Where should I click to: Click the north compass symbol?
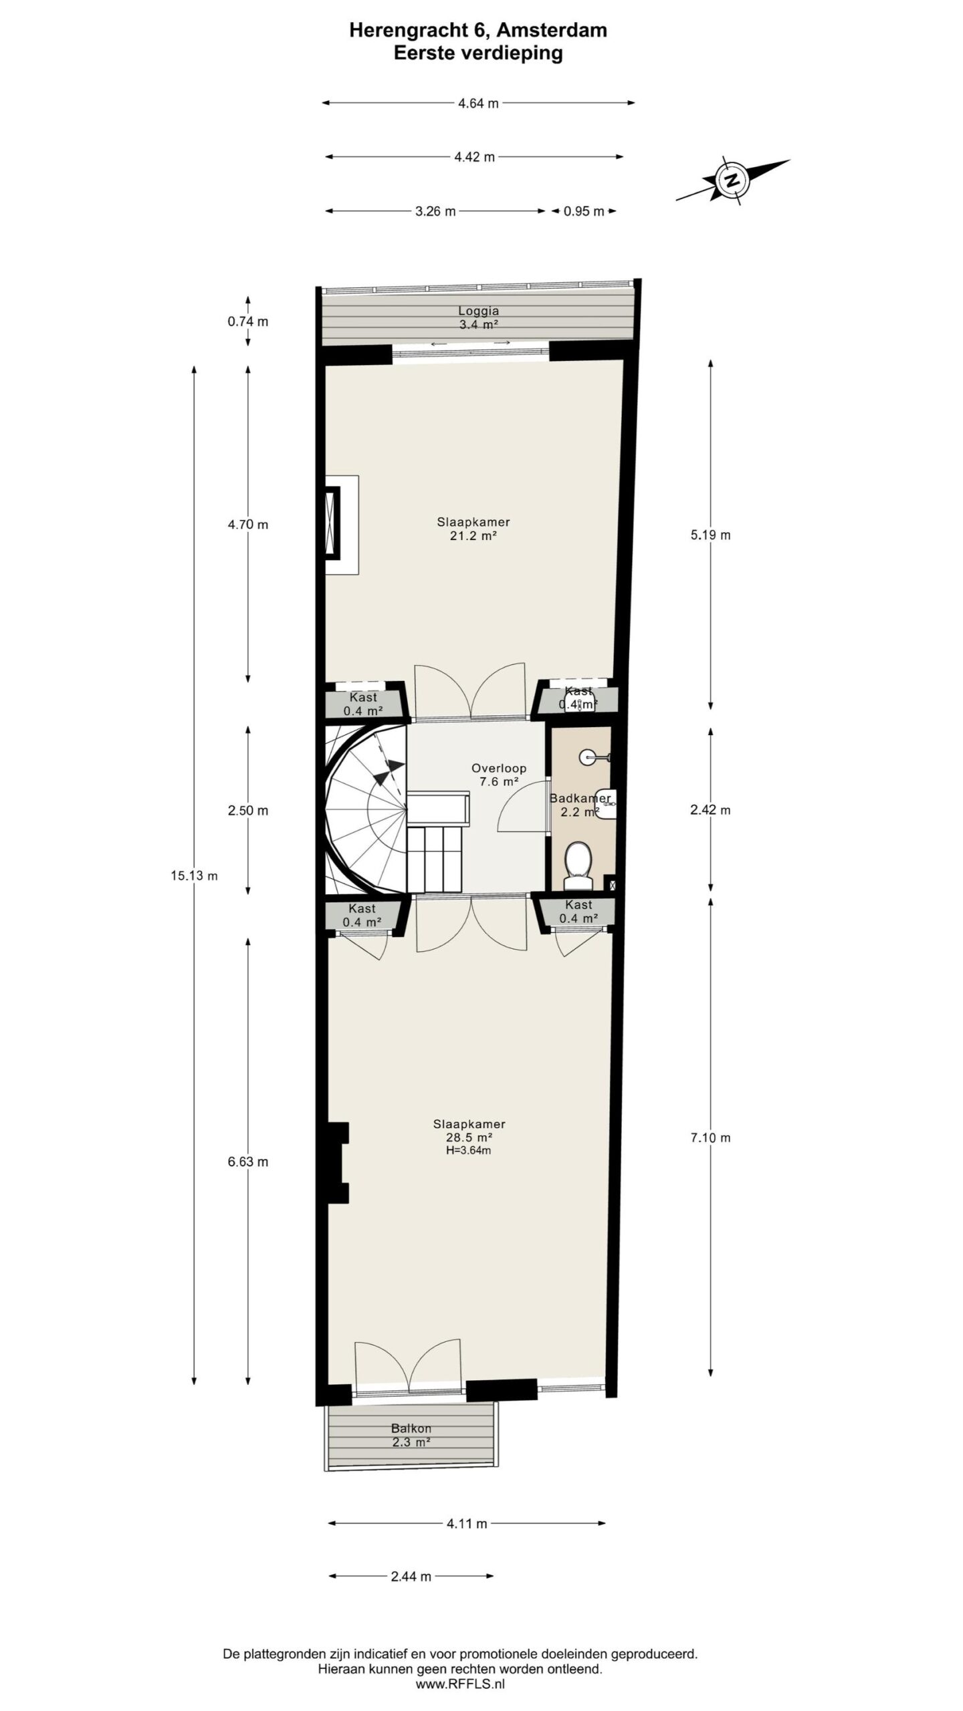click(x=733, y=180)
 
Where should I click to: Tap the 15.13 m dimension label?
click(x=194, y=876)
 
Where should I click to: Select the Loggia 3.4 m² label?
click(x=478, y=318)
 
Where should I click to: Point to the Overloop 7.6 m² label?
click(x=498, y=775)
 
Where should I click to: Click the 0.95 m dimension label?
click(x=583, y=211)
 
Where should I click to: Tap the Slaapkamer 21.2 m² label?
click(x=473, y=529)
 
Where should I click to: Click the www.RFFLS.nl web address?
click(x=460, y=1685)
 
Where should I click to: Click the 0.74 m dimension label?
click(x=247, y=321)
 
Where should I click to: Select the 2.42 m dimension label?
click(x=710, y=810)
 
